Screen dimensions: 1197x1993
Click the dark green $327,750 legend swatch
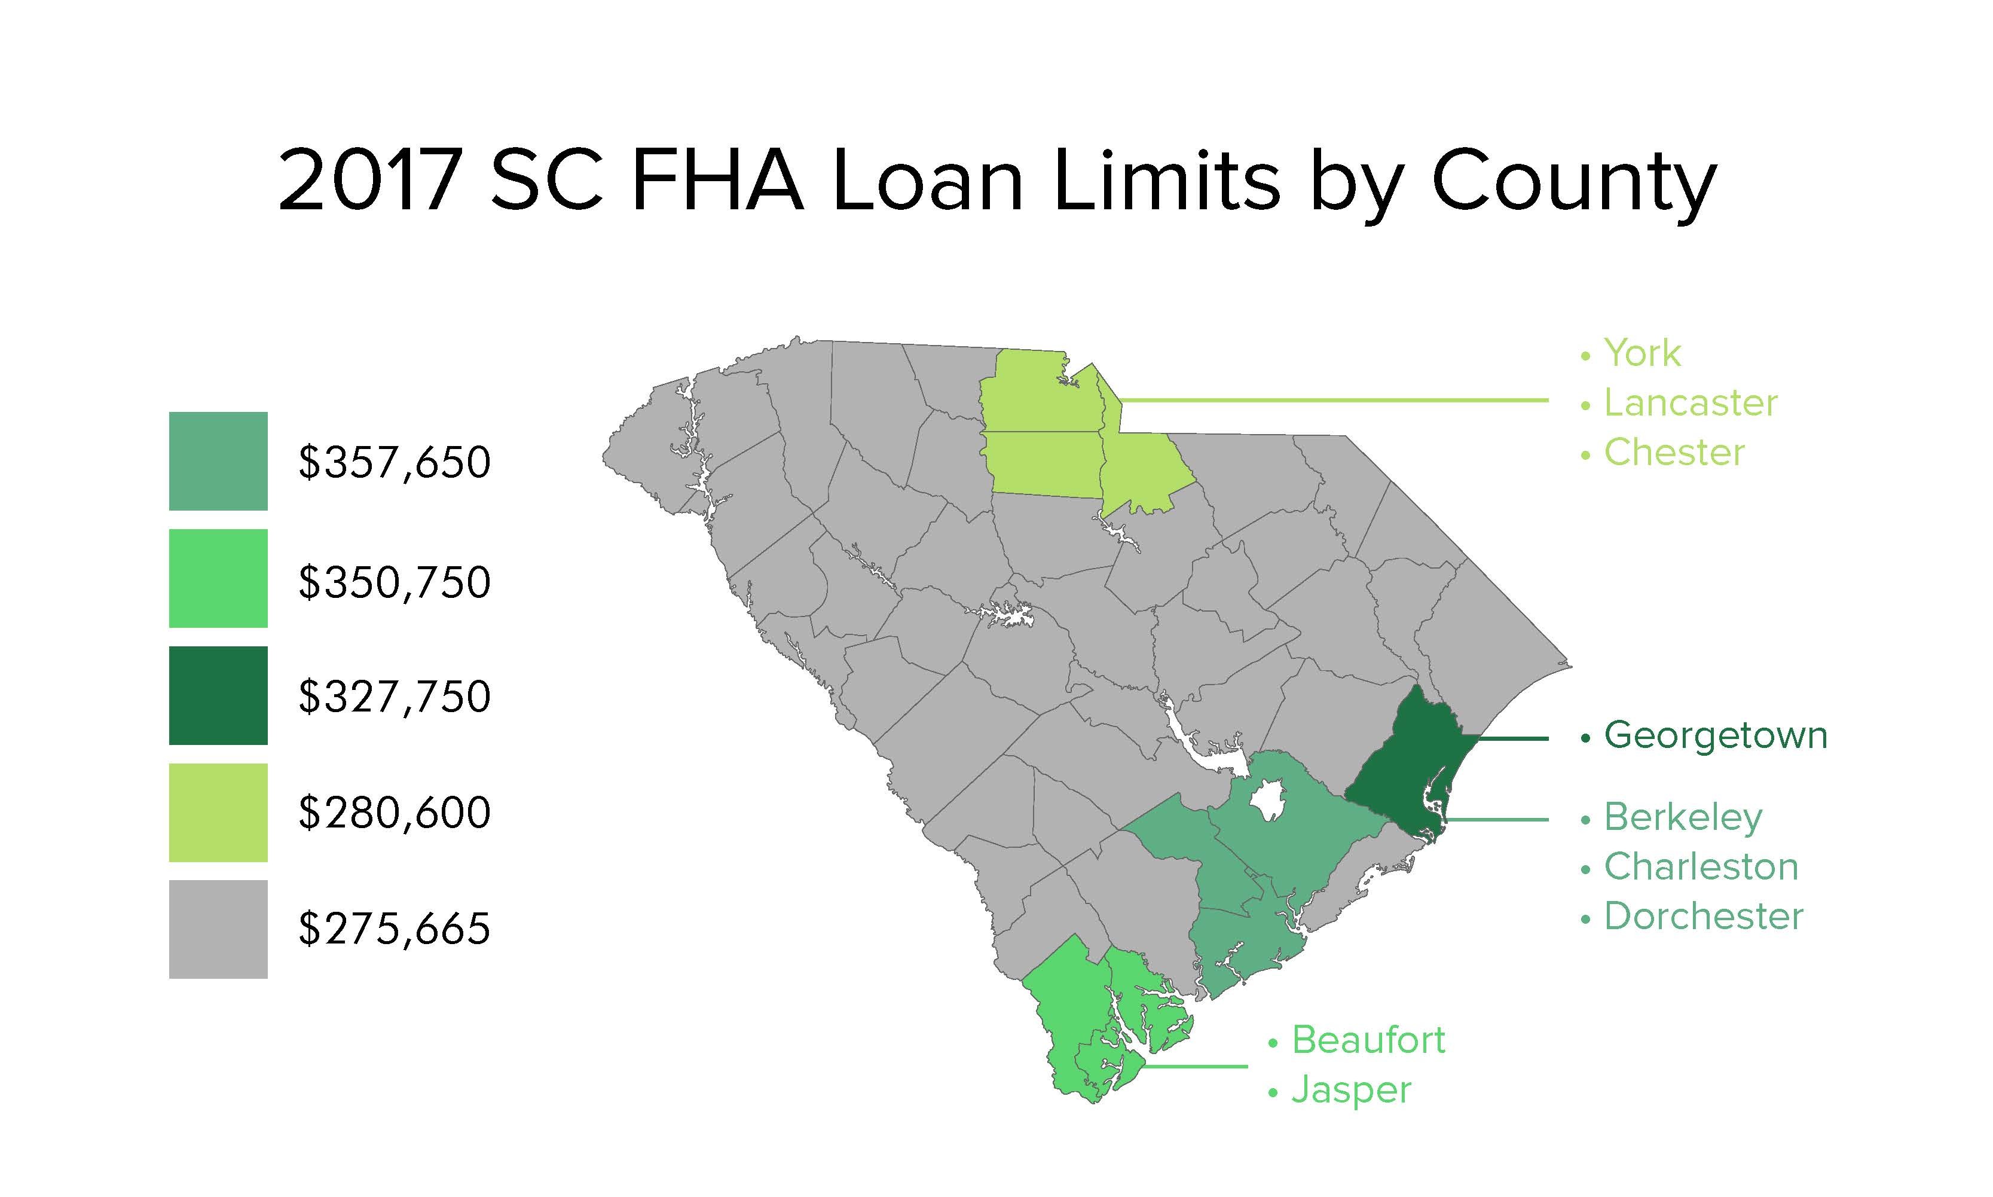pos(218,695)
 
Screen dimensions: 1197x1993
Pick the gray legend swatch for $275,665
pos(218,929)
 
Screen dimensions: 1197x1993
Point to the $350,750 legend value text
pos(395,582)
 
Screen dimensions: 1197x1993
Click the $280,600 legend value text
pos(395,812)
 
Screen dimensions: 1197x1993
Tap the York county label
pos(1642,353)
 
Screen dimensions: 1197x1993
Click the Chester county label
pos(1674,453)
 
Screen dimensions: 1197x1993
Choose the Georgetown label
pos(1715,735)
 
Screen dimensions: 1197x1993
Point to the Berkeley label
pos(1683,818)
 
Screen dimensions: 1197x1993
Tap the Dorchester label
pos(1702,917)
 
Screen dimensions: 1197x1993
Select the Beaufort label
pos(1368,1040)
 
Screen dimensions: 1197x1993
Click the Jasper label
pos(1351,1091)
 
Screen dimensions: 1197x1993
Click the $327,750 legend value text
pos(395,697)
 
